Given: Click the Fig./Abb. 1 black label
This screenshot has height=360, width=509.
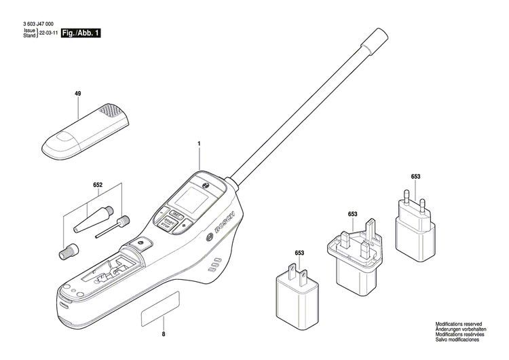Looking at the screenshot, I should coord(81,32).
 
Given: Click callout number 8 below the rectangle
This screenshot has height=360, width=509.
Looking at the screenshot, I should coord(163,335).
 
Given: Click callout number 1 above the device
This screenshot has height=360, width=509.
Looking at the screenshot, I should coord(199,144).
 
